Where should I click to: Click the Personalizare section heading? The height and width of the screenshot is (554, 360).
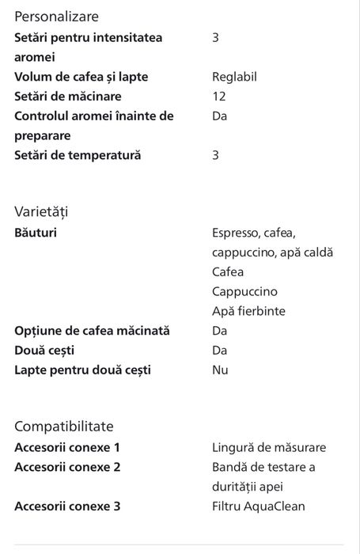57,16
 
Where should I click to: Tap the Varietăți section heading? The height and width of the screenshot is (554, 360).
41,211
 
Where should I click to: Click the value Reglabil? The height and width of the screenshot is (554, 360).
234,77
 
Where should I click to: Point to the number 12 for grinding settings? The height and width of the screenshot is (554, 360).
218,97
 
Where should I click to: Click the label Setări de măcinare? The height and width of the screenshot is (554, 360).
68,97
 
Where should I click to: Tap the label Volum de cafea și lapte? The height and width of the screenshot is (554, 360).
81,77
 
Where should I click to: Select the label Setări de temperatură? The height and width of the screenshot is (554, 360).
78,155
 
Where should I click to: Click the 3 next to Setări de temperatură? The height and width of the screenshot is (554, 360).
215,155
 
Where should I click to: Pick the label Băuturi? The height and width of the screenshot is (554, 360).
36,233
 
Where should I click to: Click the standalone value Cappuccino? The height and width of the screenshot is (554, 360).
244,291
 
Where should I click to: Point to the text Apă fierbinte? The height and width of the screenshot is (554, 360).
248,311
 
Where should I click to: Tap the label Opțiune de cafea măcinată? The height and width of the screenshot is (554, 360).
92,331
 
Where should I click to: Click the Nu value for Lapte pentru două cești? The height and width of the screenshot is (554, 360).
220,370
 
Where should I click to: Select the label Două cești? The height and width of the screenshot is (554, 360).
44,350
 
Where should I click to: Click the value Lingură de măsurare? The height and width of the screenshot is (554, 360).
269,447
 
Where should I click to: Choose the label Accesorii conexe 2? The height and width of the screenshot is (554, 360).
67,467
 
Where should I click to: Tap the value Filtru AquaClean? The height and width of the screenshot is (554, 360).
258,506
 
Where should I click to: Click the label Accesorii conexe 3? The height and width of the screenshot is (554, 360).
67,506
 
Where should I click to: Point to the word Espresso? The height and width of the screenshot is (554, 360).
237,233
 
